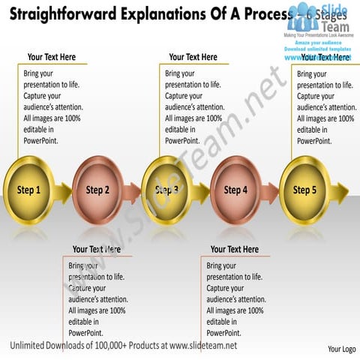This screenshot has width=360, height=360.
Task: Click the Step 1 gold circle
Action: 28,190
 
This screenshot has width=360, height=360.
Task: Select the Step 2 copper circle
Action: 97,190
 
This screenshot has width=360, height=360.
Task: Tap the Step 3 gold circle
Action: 166,190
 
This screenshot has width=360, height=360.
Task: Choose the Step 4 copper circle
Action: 235,190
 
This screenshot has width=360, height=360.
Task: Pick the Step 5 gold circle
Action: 304,190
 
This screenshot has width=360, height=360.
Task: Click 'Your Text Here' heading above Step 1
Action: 51,57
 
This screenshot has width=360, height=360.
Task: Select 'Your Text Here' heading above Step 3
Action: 193,57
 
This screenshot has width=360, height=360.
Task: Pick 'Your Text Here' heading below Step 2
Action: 97,249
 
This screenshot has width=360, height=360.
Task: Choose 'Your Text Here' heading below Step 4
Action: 234,249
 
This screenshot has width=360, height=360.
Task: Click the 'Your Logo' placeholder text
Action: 341,349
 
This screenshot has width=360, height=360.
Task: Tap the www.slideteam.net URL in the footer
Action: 203,346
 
